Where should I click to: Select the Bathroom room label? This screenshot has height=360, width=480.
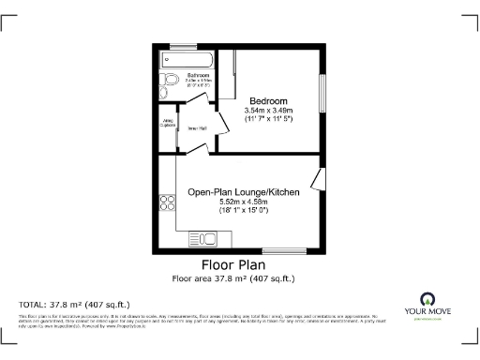pos(198,75)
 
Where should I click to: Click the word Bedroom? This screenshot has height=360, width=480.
pos(268,101)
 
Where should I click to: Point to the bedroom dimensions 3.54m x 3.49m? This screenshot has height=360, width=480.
pos(268,112)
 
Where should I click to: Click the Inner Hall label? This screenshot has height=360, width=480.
pos(198,128)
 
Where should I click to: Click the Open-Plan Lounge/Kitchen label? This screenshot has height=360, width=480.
pos(243,192)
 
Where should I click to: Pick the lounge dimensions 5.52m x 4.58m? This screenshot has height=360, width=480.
pos(243,202)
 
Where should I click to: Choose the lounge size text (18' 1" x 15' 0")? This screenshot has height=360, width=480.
pos(243,211)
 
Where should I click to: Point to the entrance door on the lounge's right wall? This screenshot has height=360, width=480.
pos(319,181)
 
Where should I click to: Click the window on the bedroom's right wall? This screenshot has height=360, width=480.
pos(323,95)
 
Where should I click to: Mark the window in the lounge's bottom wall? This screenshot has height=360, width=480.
pos(288,252)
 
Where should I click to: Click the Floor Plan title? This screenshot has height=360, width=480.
pos(232,265)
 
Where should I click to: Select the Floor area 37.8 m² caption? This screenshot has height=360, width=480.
pos(232,278)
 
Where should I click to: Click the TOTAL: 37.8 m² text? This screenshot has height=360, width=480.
pos(74,305)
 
